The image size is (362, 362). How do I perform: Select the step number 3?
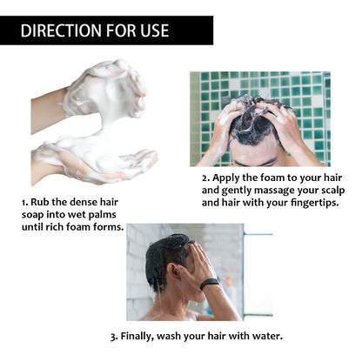tap(112, 335)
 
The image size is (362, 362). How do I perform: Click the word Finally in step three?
tap(142, 335)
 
